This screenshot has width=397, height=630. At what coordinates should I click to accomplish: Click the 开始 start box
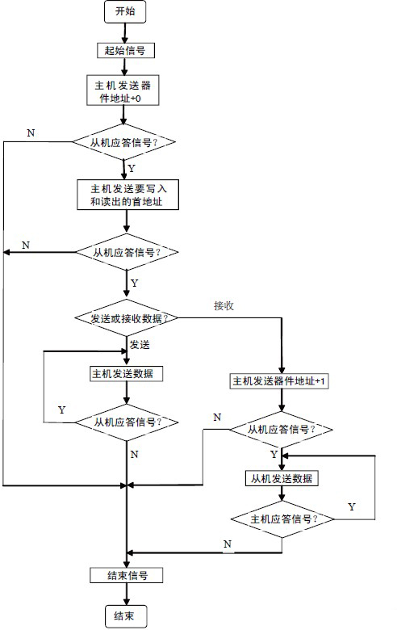pos(125,11)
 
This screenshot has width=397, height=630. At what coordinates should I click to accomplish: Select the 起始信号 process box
pos(126,51)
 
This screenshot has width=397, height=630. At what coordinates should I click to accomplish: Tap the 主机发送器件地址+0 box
pos(123,90)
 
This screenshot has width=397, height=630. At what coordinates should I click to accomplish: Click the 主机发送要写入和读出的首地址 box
pos(127,195)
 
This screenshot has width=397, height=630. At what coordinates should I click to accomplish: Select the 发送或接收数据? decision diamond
pos(127,317)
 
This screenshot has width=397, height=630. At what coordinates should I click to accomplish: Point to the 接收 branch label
pos(224,306)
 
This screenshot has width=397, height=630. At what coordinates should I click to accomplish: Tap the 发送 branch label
pos(140,345)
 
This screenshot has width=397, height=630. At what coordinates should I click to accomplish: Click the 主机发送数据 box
pos(127,374)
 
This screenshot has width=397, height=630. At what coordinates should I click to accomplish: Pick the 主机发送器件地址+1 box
pos(278,381)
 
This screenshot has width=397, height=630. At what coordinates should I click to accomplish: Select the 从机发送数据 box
pos(282,478)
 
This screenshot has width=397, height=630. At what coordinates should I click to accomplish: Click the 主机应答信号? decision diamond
pos(282,519)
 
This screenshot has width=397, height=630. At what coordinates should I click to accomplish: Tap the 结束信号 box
pos(127,575)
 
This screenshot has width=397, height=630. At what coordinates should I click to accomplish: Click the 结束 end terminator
pos(126,615)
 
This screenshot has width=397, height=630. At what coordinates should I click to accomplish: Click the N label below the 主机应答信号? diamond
pos(228,544)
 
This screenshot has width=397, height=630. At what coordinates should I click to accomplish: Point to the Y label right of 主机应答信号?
pos(352,506)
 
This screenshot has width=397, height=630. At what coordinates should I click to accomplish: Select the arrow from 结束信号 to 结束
pos(127,594)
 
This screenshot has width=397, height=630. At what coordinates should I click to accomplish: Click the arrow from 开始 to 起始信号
pos(125,33)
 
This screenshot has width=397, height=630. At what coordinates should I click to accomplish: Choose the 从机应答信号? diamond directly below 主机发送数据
pos(127,422)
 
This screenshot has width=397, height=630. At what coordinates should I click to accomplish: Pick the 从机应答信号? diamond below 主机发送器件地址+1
pos(281,430)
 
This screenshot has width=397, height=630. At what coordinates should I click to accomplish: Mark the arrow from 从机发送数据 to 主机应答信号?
pos(282,493)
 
